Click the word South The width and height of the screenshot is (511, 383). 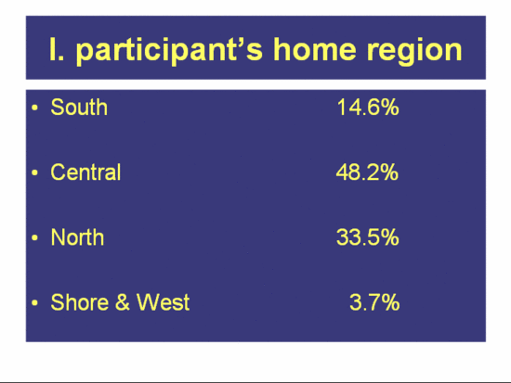tap(79, 107)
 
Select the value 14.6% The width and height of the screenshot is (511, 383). tap(368, 107)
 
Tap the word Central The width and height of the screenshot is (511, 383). tap(85, 172)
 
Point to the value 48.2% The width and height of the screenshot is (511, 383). tap(367, 172)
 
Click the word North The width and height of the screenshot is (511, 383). tap(77, 236)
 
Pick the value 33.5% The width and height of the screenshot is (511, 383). tap(368, 236)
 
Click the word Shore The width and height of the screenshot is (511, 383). tap(80, 302)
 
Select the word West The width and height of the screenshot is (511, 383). tap(163, 302)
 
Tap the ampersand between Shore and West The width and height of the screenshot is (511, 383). tap(123, 302)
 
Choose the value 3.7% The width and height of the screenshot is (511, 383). tap(374, 302)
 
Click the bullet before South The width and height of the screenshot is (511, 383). tap(35, 108)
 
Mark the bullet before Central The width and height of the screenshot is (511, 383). tap(35, 172)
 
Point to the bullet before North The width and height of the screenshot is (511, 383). tap(35, 237)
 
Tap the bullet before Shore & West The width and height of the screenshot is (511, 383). tap(35, 302)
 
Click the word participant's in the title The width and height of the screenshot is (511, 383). tap(169, 50)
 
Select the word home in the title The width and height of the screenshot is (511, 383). tap(315, 49)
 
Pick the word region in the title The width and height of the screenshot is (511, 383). tap(414, 51)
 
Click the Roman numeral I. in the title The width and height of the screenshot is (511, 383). tap(57, 49)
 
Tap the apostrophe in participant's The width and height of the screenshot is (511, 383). tap(240, 42)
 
